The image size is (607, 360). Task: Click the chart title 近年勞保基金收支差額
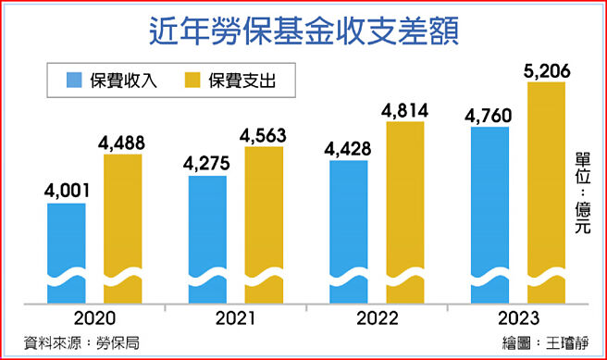[303, 31]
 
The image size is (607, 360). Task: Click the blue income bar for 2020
[67, 250]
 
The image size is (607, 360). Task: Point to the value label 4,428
[349, 148]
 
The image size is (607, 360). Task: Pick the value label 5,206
[546, 69]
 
